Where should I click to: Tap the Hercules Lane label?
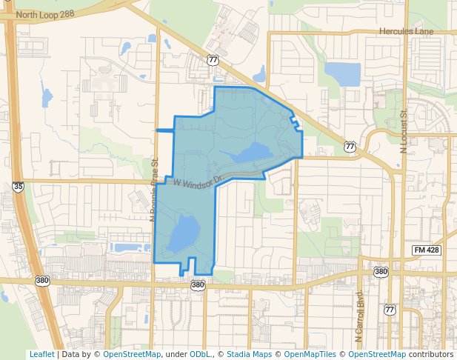(x=405, y=31)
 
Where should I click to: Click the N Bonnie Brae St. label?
(x=154, y=189)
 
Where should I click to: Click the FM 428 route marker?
(x=427, y=251)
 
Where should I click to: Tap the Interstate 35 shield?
(x=18, y=187)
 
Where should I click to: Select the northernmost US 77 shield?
(x=213, y=59)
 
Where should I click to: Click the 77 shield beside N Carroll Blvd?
(x=390, y=309)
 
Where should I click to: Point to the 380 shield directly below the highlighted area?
(x=197, y=285)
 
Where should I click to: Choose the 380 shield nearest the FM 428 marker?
(x=381, y=272)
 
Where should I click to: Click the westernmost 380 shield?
(x=42, y=281)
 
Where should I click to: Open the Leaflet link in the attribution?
(x=41, y=354)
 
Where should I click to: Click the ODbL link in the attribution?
(x=198, y=354)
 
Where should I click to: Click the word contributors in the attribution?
(x=430, y=354)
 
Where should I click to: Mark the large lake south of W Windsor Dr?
(x=182, y=233)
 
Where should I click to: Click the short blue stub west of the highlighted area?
(x=164, y=130)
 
